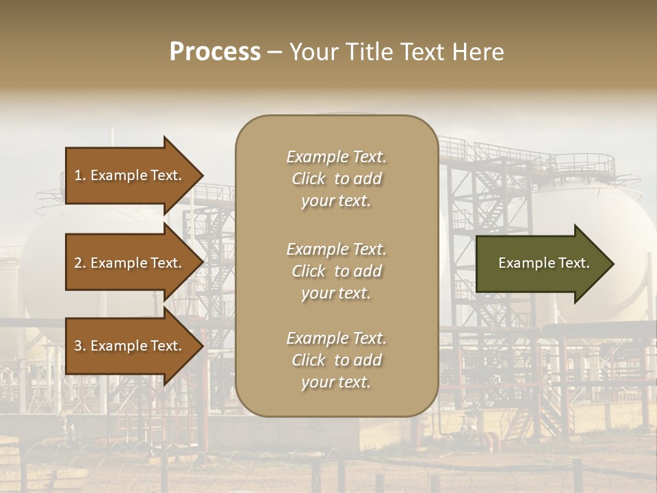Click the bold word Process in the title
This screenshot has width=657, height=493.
click(215, 52)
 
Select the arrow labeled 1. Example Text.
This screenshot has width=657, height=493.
click(130, 175)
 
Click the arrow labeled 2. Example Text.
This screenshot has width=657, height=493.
click(130, 263)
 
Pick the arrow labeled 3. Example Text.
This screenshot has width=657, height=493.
click(130, 346)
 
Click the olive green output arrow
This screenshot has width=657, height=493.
click(541, 264)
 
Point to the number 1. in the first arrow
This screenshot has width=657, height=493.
click(80, 175)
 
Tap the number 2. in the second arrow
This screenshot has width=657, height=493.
click(80, 263)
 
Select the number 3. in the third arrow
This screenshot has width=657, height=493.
click(80, 346)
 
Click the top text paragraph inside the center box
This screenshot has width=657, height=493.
click(336, 179)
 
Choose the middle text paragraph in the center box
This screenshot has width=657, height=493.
click(336, 271)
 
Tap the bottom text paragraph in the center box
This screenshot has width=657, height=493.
click(336, 360)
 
